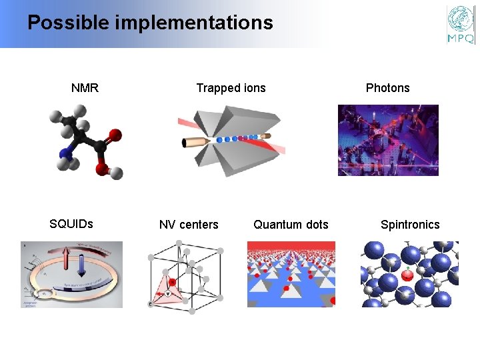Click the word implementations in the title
coord(194,23)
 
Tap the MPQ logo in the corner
coord(461,25)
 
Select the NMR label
coord(85,88)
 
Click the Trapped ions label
coord(231,88)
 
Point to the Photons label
coord(387,88)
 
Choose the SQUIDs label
coord(71,224)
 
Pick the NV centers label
coord(189,225)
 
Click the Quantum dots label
coord(291,225)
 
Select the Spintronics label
coord(410,225)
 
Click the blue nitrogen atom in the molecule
coord(65,155)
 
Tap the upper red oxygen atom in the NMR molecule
coord(115,135)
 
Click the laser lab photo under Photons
coord(388,140)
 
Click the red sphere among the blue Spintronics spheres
coord(407,274)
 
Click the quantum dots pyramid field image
coord(291,274)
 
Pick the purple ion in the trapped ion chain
coord(256,137)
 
